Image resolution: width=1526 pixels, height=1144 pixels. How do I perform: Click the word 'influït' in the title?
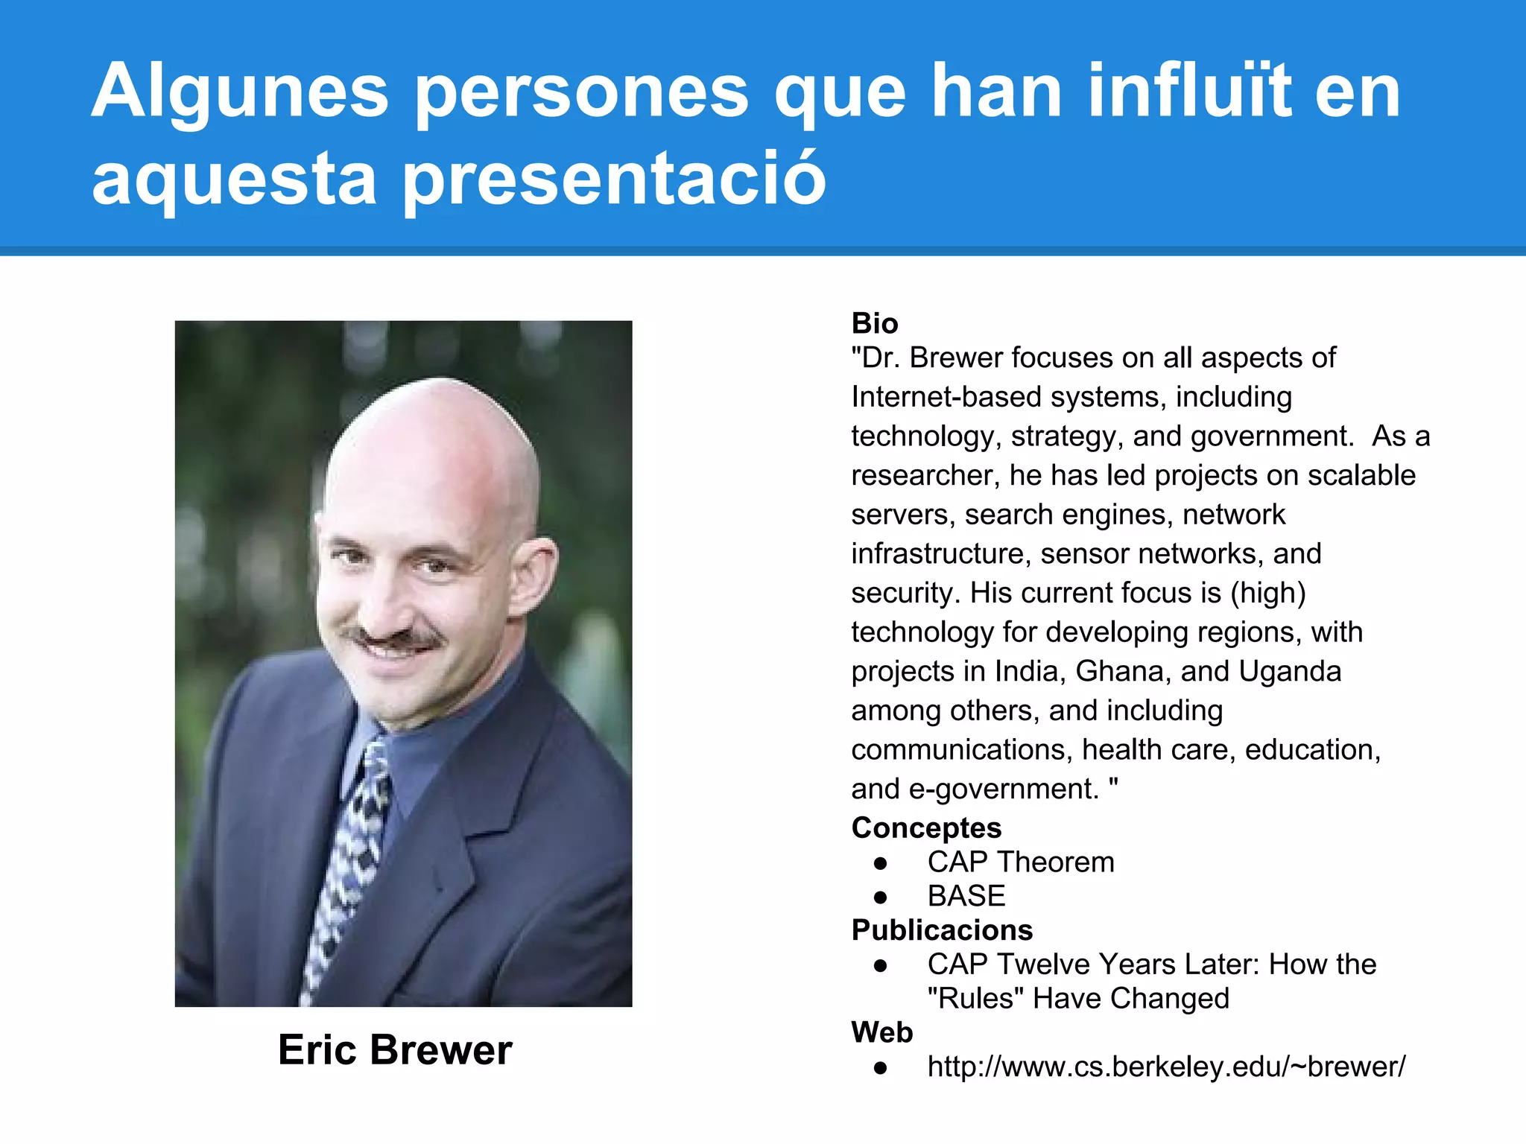pos(1189,91)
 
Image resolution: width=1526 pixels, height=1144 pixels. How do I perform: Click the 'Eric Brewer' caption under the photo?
pos(395,1050)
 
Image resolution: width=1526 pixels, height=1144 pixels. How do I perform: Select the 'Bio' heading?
pos(875,323)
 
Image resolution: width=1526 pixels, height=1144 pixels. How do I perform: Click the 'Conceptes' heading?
pos(926,827)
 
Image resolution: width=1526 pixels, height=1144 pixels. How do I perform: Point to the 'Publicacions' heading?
pos(942,930)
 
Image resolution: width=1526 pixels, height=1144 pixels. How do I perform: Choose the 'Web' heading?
pos(882,1032)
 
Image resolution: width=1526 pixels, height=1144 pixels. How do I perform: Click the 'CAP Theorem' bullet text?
pos(1021,862)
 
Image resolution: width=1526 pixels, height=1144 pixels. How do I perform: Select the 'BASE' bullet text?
pos(966,896)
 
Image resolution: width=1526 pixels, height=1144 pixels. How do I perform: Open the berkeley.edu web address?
pos(1166,1067)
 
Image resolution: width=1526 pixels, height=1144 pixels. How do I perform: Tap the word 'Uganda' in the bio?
pos(1290,671)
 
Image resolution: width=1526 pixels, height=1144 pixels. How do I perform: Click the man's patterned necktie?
pos(350,857)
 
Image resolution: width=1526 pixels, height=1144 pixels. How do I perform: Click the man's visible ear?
pos(534,573)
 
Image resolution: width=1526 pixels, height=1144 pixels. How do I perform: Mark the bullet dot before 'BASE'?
pos(881,897)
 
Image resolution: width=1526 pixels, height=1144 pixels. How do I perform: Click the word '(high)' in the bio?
pos(1267,593)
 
